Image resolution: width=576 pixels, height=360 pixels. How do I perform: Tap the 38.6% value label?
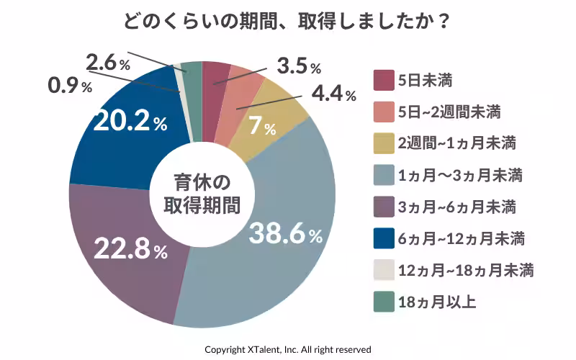coord(286,233)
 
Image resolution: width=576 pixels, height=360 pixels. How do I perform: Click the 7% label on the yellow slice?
coord(262,128)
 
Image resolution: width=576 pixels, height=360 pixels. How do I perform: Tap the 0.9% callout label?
coord(70,86)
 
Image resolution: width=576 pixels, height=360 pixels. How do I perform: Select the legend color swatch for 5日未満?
coord(384,80)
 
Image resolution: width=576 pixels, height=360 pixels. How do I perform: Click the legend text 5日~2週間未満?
coord(449,112)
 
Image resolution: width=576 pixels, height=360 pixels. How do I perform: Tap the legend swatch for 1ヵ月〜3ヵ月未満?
coord(384,174)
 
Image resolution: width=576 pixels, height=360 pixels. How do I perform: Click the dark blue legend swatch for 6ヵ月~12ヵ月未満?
coord(384,238)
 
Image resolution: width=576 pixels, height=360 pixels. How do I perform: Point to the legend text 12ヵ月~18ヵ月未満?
coord(465,270)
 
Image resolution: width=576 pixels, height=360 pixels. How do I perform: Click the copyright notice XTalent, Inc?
coord(287,349)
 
